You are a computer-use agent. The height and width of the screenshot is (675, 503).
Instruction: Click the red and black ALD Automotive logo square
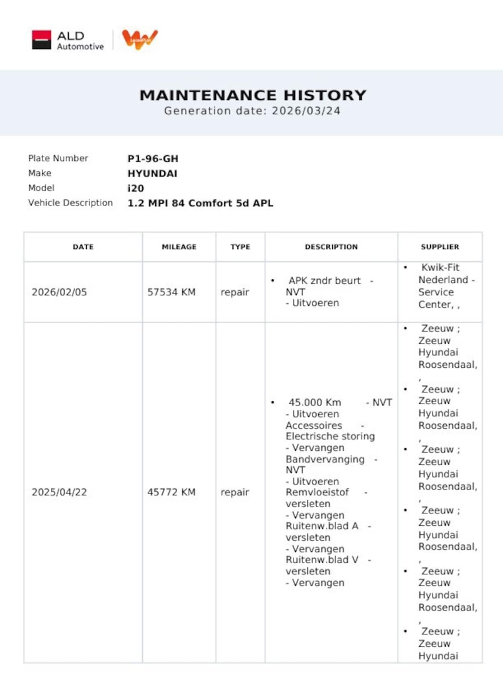point(41,40)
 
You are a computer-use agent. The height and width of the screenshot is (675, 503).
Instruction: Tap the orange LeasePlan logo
point(140,39)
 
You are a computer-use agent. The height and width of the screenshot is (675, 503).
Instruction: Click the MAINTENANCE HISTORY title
point(253,95)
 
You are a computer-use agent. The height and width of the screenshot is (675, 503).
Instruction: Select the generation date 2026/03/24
point(306,111)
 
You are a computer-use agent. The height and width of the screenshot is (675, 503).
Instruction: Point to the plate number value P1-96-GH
point(153,159)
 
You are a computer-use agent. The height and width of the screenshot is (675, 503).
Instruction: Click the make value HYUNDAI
point(152,174)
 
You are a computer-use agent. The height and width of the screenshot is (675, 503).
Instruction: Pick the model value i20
point(136,189)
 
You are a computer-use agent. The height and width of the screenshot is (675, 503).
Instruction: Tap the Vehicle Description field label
point(70,203)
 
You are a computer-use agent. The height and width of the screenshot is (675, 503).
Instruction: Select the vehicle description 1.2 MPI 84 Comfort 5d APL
point(200,204)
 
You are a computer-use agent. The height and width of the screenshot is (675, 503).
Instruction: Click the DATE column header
point(83,247)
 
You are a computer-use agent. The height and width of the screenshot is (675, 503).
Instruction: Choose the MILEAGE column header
point(179,247)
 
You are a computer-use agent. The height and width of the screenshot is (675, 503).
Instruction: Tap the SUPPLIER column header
point(440,247)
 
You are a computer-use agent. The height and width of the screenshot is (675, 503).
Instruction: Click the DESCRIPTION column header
point(331,247)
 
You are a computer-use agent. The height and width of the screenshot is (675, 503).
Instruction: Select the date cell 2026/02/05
point(59,292)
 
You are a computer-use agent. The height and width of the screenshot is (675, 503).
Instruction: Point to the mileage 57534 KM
point(171,292)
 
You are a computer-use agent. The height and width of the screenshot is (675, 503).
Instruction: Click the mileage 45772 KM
point(171,492)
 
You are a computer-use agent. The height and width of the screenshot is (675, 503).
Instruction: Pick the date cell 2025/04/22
point(59,492)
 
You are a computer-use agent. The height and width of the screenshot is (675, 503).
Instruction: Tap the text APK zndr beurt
point(325,281)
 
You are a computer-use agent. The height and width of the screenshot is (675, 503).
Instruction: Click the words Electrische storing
point(330,437)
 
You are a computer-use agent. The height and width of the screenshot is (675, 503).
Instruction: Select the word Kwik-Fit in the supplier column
point(440,268)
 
